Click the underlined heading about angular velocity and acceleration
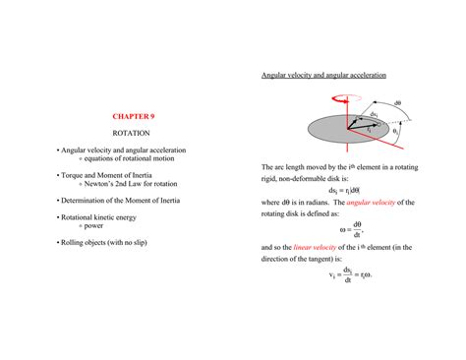(x=322, y=75)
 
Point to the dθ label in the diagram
(x=398, y=103)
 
